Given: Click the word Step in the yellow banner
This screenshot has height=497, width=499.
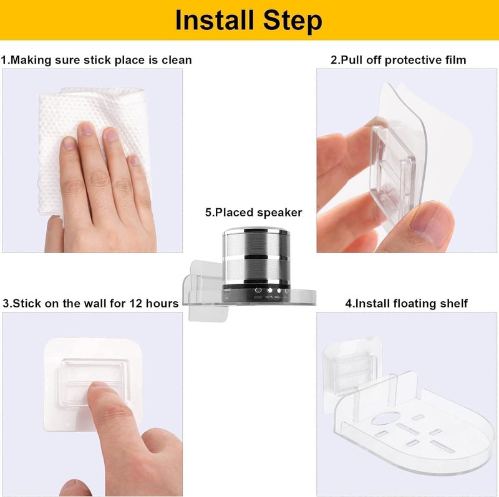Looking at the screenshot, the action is [293, 21].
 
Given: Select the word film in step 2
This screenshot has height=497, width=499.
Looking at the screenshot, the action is [456, 60].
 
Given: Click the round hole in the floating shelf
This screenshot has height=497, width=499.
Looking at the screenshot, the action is [385, 418].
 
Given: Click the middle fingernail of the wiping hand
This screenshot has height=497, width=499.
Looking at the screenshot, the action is [86, 129].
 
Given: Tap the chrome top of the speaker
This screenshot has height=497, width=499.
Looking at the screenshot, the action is [256, 231].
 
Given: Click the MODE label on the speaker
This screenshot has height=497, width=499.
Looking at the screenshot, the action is [258, 297].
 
